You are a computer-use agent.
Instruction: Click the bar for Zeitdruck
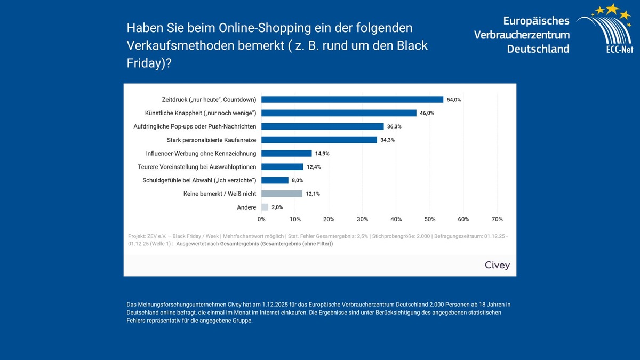352,99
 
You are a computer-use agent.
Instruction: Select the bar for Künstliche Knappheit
339,113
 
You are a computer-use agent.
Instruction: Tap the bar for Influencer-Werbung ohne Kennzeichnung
286,153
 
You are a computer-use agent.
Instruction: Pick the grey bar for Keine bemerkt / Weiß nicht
282,194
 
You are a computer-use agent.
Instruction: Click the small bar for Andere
265,207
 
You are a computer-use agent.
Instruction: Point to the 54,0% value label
454,100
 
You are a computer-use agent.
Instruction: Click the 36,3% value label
394,126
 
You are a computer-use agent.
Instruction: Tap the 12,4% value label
314,167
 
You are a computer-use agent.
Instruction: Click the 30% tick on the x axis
362,219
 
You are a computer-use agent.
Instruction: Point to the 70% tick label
497,219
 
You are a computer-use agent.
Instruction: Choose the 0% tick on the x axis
261,219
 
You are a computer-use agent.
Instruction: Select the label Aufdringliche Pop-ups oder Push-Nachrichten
195,126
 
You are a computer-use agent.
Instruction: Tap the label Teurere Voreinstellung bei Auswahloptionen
197,167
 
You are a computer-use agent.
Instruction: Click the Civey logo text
497,265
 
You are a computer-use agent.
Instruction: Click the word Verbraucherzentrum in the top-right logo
522,35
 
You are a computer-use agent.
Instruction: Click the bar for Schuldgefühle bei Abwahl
275,180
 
